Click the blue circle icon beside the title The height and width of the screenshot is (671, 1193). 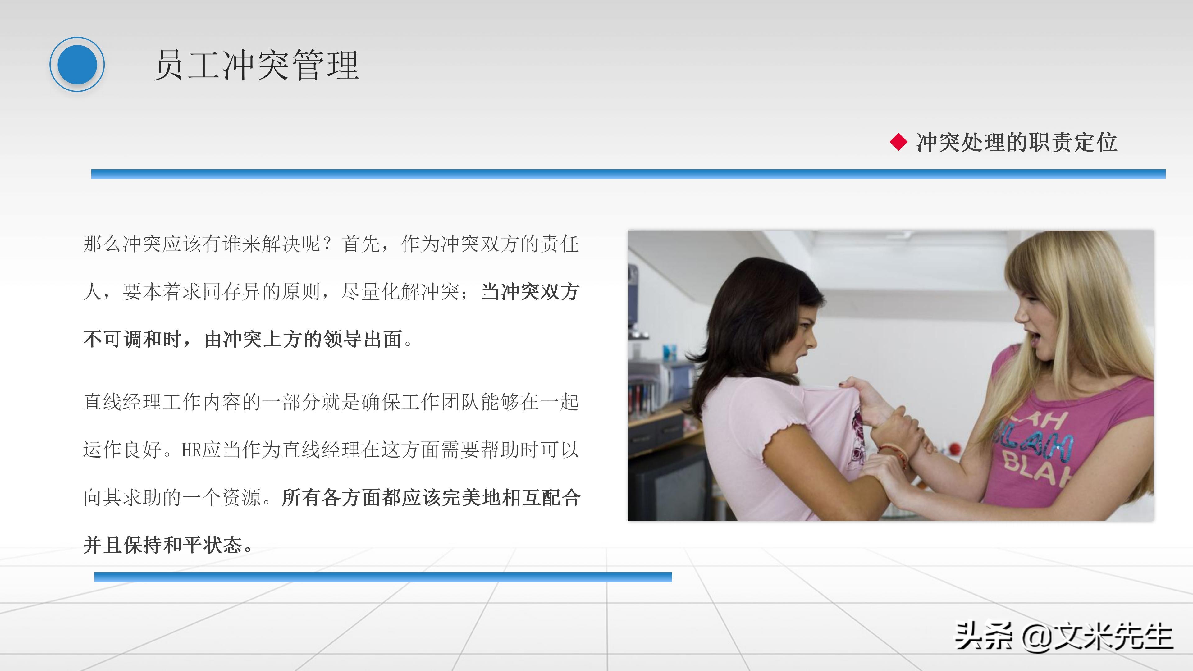point(77,64)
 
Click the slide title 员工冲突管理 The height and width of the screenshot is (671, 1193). point(256,65)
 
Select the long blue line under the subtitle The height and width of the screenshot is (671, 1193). point(628,174)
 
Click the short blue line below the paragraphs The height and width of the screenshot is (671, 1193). point(383,577)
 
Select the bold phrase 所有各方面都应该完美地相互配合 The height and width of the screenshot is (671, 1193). point(431,498)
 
